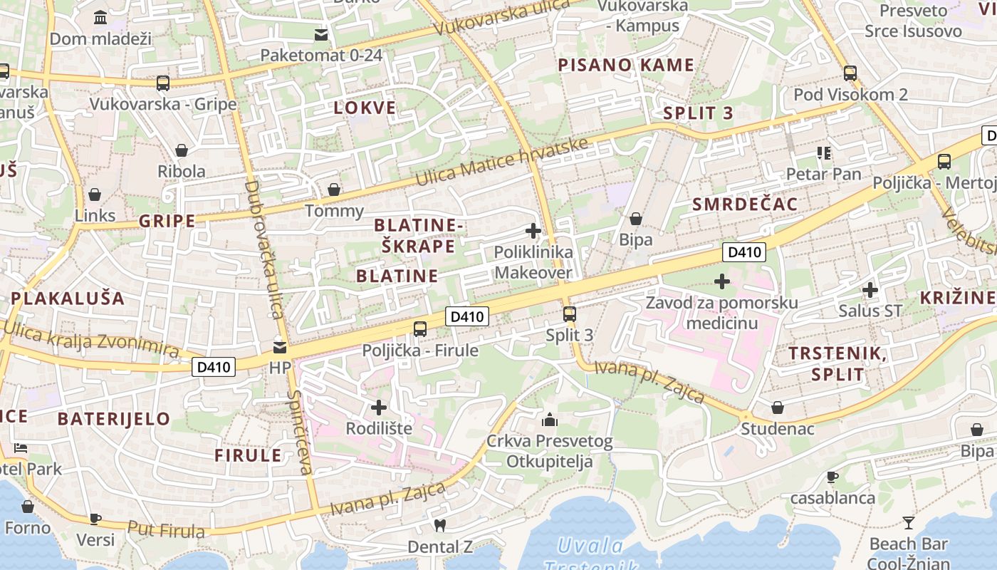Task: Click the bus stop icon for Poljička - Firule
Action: coord(420,328)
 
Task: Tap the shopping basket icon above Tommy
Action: coord(333,190)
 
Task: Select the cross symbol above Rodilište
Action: coord(379,408)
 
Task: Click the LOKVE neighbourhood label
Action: coord(365,108)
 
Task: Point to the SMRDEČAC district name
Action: coord(745,204)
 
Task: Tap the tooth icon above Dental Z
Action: coord(439,526)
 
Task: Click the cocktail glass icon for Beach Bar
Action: coord(908,523)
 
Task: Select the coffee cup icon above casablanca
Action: coord(832,477)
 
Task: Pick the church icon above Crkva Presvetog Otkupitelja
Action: coord(549,419)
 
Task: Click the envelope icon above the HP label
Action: coord(280,348)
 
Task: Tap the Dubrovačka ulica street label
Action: coord(263,249)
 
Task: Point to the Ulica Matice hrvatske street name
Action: coord(502,162)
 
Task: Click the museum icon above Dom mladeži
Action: coord(100,17)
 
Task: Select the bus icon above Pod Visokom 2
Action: coord(850,73)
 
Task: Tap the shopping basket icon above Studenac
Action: coord(778,408)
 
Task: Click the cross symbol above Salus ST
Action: coord(870,290)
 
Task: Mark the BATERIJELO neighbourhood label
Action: coord(114,419)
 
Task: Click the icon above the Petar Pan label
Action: coord(824,152)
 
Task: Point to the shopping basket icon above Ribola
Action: coord(182,150)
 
